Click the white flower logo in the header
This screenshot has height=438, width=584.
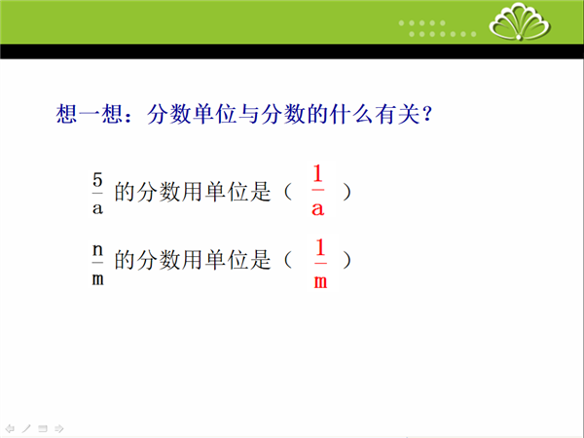click(520, 20)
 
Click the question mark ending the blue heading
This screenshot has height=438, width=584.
click(427, 113)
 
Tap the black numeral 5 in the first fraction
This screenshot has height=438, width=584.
click(97, 181)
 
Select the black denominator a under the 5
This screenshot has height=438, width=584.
click(97, 208)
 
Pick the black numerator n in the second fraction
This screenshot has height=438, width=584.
click(97, 250)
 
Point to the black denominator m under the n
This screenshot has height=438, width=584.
click(97, 279)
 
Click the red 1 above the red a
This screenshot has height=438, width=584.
click(317, 173)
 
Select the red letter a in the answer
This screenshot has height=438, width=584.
click(317, 209)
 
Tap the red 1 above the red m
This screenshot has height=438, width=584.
click(320, 247)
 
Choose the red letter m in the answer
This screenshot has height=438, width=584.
click(320, 282)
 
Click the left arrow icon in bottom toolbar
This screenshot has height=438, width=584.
click(10, 428)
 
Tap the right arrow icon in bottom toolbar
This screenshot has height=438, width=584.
click(58, 428)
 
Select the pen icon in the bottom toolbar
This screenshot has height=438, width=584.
click(26, 428)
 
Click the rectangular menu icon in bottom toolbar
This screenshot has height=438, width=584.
click(43, 428)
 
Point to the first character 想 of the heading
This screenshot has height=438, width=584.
click(66, 114)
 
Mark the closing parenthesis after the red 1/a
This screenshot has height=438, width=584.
click(347, 193)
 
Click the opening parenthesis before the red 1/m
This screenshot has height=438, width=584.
click(288, 260)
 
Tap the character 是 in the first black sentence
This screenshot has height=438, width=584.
click(260, 192)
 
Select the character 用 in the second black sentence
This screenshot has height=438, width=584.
click(192, 260)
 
